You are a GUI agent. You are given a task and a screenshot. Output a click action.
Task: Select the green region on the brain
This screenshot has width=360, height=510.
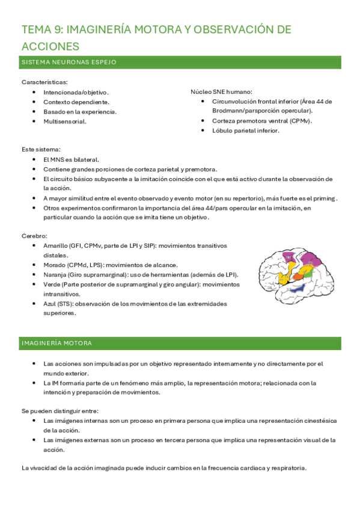(312, 271)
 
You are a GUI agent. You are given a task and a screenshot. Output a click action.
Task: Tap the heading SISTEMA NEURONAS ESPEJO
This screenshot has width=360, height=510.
(69, 62)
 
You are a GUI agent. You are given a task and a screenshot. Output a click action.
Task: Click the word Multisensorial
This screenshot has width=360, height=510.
(64, 121)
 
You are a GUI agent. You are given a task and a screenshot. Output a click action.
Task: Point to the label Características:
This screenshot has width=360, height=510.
(44, 82)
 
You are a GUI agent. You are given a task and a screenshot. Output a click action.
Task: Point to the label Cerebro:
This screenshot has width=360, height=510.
(34, 236)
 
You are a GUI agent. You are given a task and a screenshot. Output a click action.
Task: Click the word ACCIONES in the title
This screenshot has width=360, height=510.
(50, 46)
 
